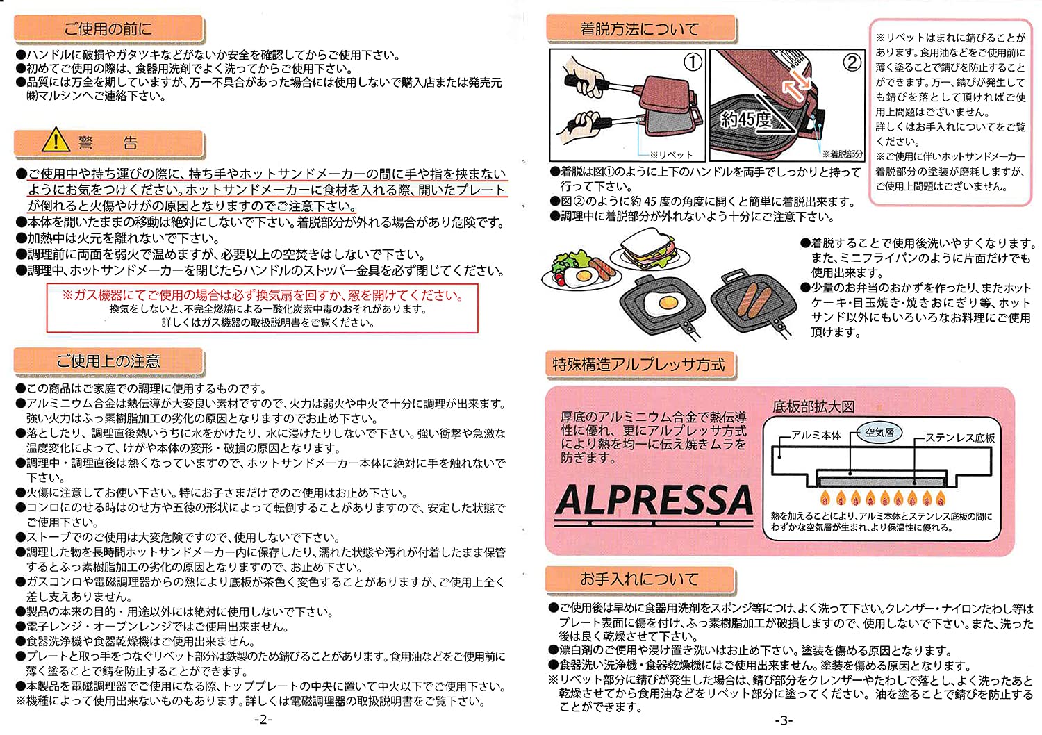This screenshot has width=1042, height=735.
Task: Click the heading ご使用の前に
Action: click(108, 29)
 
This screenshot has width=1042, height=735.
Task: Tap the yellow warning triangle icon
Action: click(55, 141)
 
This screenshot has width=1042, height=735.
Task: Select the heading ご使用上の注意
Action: click(108, 361)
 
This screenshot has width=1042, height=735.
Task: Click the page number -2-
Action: click(263, 720)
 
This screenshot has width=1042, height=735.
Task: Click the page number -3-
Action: click(783, 720)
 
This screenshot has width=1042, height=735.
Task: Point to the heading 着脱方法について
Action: click(639, 29)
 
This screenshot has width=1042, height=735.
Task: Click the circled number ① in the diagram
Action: click(693, 63)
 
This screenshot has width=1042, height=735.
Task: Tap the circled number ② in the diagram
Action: click(852, 63)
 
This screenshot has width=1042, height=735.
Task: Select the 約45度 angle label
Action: click(746, 119)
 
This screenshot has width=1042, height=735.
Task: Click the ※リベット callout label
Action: click(671, 155)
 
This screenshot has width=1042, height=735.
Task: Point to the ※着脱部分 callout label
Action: click(842, 154)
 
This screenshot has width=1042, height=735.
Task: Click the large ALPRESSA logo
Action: click(654, 500)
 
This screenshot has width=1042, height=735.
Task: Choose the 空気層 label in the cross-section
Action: click(879, 432)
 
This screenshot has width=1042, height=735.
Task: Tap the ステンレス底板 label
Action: click(960, 438)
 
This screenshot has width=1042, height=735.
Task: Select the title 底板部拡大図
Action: click(813, 407)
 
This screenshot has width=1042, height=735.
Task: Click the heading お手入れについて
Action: click(639, 579)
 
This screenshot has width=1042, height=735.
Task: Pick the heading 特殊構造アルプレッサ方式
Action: click(638, 365)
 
